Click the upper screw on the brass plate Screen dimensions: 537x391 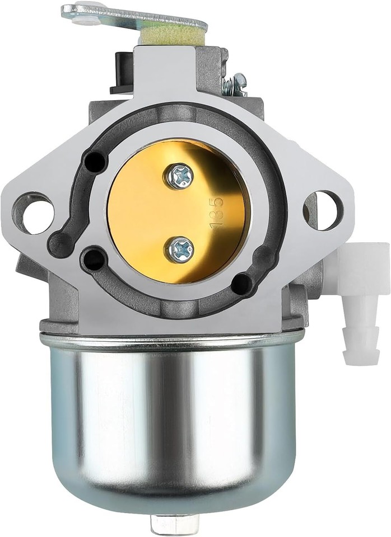[179, 176]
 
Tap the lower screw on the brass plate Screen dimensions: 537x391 [179, 248]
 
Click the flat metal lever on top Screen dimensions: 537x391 [134, 17]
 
